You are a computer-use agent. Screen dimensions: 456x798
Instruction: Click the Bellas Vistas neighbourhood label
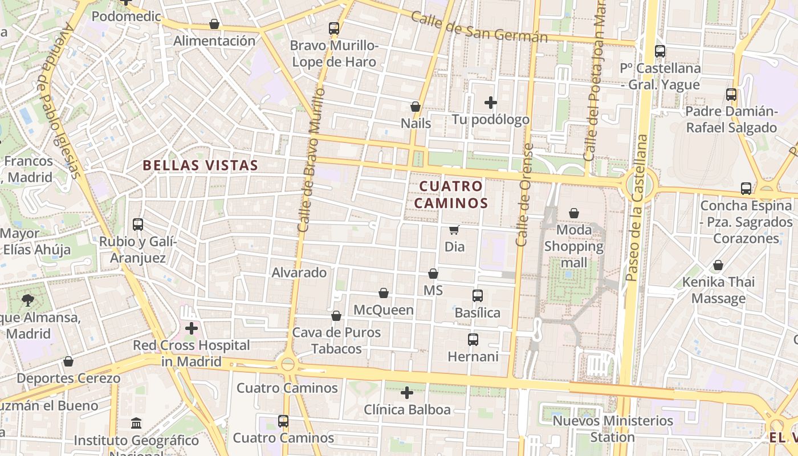click(x=200, y=165)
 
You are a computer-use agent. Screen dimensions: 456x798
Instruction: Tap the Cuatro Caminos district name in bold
click(x=451, y=194)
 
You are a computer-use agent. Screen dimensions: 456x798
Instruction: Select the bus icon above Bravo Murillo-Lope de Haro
click(x=334, y=28)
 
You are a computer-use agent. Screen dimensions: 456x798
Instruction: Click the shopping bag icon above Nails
click(x=416, y=107)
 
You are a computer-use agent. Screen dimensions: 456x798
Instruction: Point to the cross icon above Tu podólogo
click(x=490, y=103)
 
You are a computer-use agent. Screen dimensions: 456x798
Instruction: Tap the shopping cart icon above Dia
click(x=454, y=230)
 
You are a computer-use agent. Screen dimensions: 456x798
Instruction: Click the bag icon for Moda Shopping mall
click(x=573, y=213)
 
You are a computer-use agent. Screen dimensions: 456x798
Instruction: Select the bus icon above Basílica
click(x=478, y=296)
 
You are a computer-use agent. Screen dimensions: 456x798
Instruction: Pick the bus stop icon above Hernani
click(x=473, y=340)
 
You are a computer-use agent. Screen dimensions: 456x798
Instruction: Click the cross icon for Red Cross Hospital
click(x=192, y=328)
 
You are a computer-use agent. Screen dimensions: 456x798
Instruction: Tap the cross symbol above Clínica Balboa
click(x=406, y=393)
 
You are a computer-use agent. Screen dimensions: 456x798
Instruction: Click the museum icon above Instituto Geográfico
click(x=136, y=424)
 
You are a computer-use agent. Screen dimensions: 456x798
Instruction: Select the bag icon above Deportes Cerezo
click(x=68, y=361)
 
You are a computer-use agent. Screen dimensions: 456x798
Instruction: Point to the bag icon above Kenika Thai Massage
click(x=718, y=265)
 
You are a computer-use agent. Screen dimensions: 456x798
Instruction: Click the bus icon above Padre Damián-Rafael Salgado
click(x=731, y=95)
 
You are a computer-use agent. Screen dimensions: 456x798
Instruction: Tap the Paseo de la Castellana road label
click(x=637, y=208)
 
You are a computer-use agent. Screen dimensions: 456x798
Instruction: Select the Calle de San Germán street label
click(x=479, y=27)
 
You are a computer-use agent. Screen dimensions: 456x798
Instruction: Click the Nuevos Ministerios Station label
click(x=613, y=429)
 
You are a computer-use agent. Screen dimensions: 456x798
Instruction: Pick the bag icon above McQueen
click(x=384, y=293)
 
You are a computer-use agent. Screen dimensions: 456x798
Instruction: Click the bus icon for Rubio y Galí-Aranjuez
click(x=138, y=225)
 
